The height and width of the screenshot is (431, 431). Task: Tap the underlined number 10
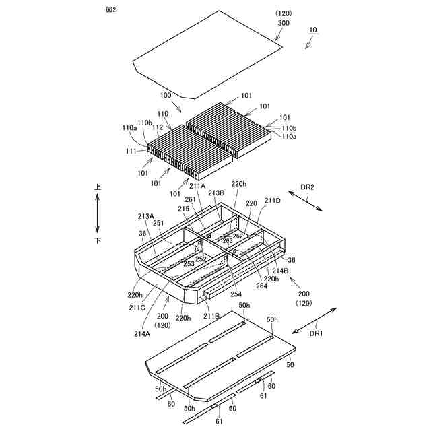(x=313, y=30)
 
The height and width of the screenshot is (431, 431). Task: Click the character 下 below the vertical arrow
(x=98, y=240)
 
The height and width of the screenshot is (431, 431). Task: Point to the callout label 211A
(x=198, y=186)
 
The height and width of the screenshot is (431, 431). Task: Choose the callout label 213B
(x=215, y=193)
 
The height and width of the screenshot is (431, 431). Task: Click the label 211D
(x=273, y=200)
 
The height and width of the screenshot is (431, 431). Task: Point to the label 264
(x=261, y=286)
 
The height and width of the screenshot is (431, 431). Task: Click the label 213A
(x=145, y=216)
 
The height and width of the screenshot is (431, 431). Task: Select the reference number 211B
(x=211, y=315)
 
